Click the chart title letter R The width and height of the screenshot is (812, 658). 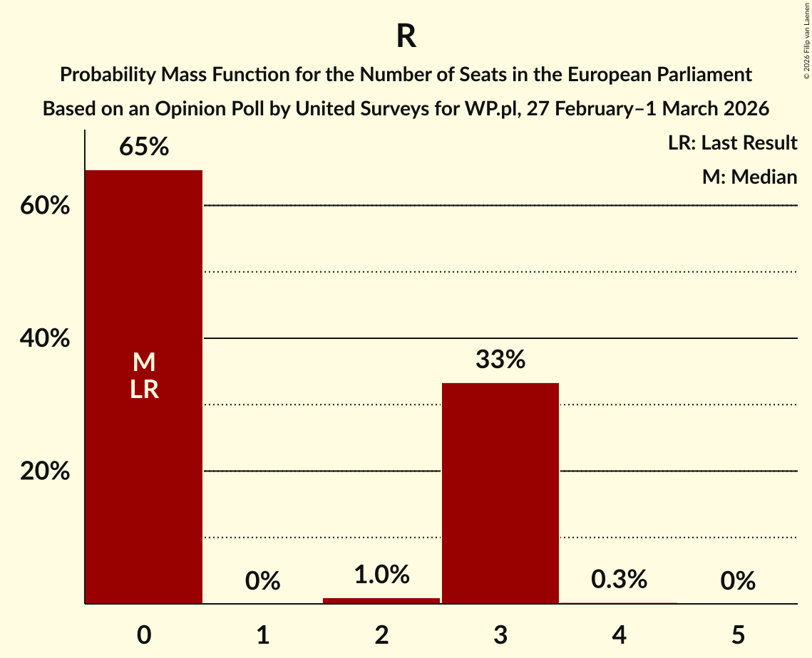[406, 37]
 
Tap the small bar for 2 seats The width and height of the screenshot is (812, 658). [381, 600]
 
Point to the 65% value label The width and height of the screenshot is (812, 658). [144, 147]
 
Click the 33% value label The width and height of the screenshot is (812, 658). [500, 360]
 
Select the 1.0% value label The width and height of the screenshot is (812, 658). [381, 575]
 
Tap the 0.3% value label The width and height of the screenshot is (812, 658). [619, 580]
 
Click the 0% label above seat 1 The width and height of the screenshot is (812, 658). [262, 582]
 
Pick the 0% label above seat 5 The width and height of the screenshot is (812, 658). [738, 582]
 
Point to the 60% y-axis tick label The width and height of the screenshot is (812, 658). [45, 206]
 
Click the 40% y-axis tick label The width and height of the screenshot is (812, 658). [45, 339]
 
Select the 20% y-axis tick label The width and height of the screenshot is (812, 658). [45, 471]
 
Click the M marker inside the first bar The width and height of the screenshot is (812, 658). [144, 362]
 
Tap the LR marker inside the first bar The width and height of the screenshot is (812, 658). [144, 390]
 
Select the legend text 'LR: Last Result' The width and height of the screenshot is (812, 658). [732, 143]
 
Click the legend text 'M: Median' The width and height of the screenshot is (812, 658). [749, 177]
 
